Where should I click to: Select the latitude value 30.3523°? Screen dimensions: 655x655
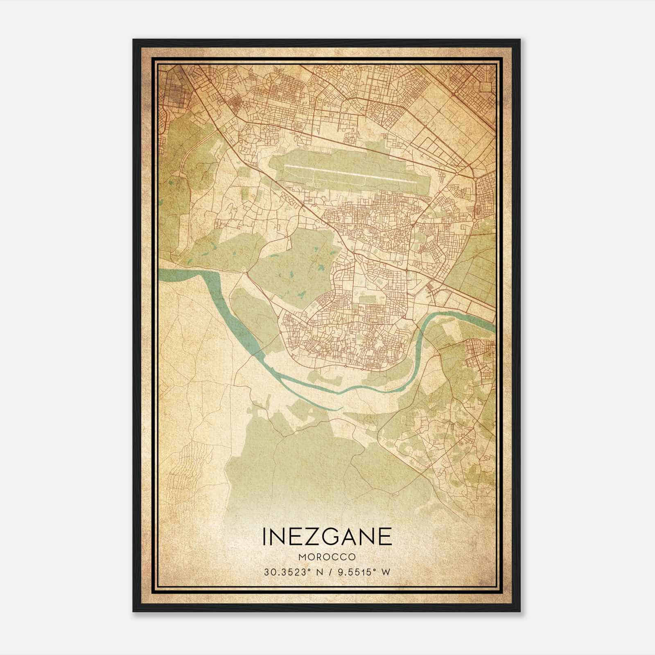[286, 572]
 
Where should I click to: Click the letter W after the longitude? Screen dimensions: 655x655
[385, 572]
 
